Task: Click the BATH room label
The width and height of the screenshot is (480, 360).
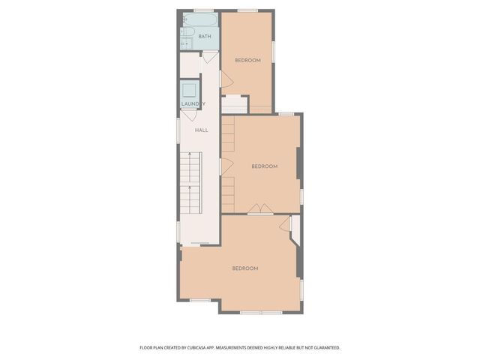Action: coord(205,36)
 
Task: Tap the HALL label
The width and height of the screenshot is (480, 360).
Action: coord(202,130)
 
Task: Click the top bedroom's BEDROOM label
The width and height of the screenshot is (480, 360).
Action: coord(247,60)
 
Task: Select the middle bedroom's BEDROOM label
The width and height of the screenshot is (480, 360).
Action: coord(264,166)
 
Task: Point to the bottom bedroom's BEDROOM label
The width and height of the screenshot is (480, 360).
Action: coord(245,268)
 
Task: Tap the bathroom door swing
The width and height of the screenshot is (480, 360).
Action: coord(209,57)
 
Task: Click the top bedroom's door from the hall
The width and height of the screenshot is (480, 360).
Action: coord(223,79)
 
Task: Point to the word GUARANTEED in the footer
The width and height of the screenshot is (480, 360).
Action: coord(324,347)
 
